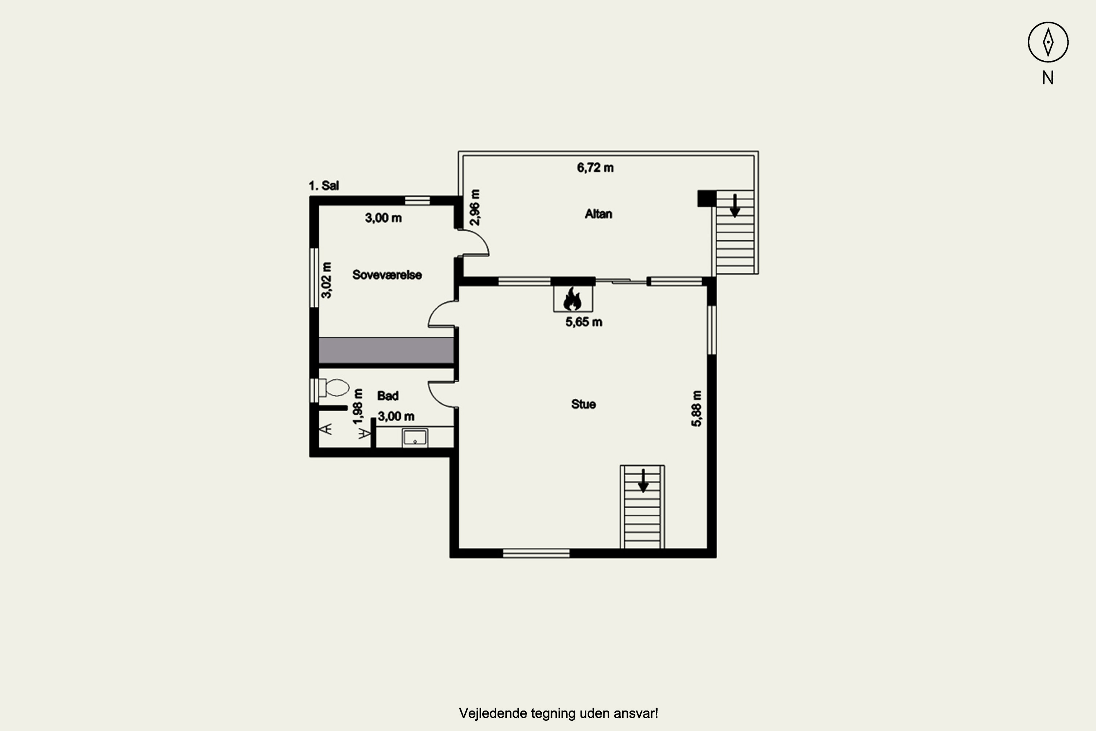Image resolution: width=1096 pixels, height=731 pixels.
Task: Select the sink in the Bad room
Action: (x=415, y=438)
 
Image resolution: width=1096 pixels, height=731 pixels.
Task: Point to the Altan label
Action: (x=598, y=214)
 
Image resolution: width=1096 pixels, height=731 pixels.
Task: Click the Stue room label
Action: (x=583, y=404)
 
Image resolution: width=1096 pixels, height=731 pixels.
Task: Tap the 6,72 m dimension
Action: (x=595, y=167)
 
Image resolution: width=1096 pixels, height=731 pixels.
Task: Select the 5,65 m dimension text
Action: (x=584, y=322)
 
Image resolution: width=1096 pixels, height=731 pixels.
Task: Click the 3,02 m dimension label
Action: (x=327, y=280)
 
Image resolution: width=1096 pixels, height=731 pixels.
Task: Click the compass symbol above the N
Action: (x=1048, y=42)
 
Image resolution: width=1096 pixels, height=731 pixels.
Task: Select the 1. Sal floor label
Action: (x=323, y=186)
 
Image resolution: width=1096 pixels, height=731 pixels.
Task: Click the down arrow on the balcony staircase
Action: (x=735, y=205)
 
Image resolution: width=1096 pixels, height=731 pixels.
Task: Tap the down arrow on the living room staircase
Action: (x=643, y=481)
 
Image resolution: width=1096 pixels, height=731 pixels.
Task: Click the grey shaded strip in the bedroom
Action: (x=386, y=350)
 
